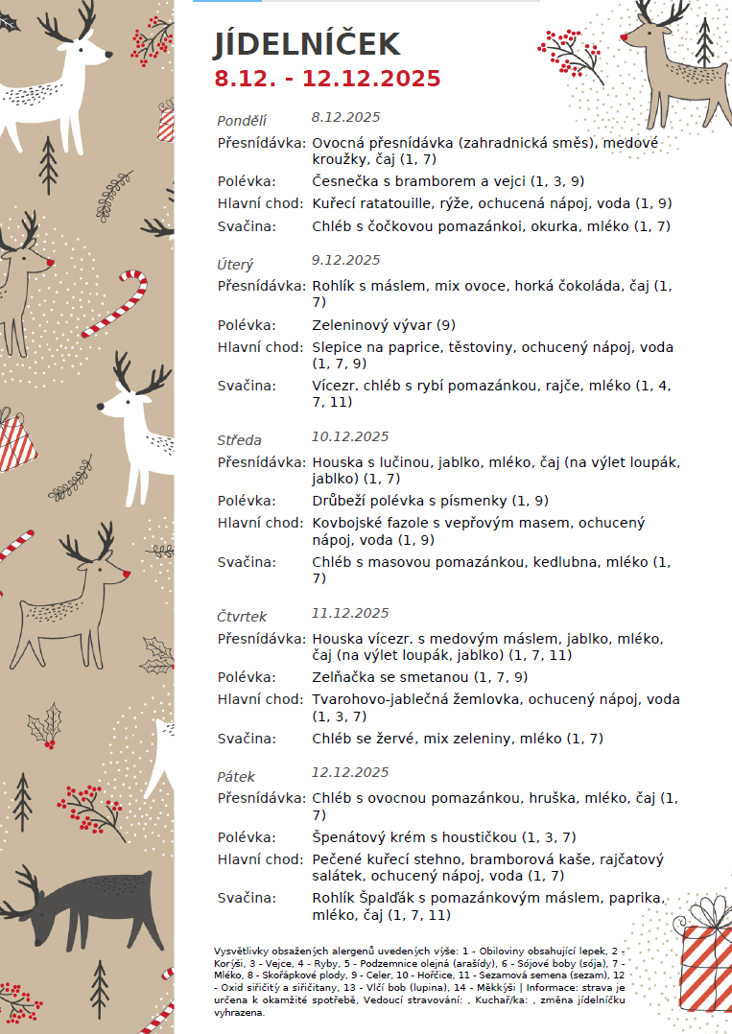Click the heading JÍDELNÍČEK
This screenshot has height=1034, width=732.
[306, 44]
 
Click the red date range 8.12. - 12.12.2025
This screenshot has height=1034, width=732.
[327, 79]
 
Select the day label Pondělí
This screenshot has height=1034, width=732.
[242, 121]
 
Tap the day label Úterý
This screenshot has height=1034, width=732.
[235, 264]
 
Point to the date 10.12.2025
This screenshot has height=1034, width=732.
[350, 436]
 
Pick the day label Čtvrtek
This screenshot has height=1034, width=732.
[242, 617]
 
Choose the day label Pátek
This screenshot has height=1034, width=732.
[236, 776]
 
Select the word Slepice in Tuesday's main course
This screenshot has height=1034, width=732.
[338, 347]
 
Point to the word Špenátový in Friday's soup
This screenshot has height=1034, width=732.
[349, 836]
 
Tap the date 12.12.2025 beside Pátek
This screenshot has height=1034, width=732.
[350, 772]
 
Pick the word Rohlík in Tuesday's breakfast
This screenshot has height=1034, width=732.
[333, 286]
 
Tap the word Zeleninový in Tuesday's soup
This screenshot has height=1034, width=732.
[350, 324]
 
